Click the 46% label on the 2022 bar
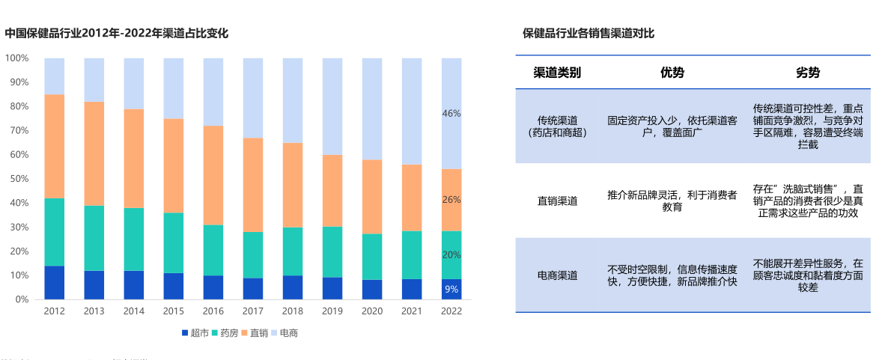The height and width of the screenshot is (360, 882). coord(451,114)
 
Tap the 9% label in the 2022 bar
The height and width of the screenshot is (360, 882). coord(451,289)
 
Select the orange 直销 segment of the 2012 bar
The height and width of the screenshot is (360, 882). coord(54,146)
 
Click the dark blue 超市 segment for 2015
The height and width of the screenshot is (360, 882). coord(174,286)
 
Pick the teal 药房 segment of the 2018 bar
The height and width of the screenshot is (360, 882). coord(293,251)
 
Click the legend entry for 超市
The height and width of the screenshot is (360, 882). coord(195,333)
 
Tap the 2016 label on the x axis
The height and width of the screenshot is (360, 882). coord(213,311)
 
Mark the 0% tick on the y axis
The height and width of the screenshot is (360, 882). coord(21,299)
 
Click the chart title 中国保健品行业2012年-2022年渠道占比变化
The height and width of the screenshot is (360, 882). coord(116,33)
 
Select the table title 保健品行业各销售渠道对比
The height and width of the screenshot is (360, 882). coord(588,33)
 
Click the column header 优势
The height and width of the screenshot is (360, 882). coord(672,73)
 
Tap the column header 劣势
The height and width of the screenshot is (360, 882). coord(807,73)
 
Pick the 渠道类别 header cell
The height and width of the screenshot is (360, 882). coord(557,73)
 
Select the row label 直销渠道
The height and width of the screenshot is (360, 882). coord(557,201)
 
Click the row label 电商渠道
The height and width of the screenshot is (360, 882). coord(557,275)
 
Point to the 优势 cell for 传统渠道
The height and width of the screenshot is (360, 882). coord(672,126)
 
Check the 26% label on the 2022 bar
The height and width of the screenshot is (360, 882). coord(451,200)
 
